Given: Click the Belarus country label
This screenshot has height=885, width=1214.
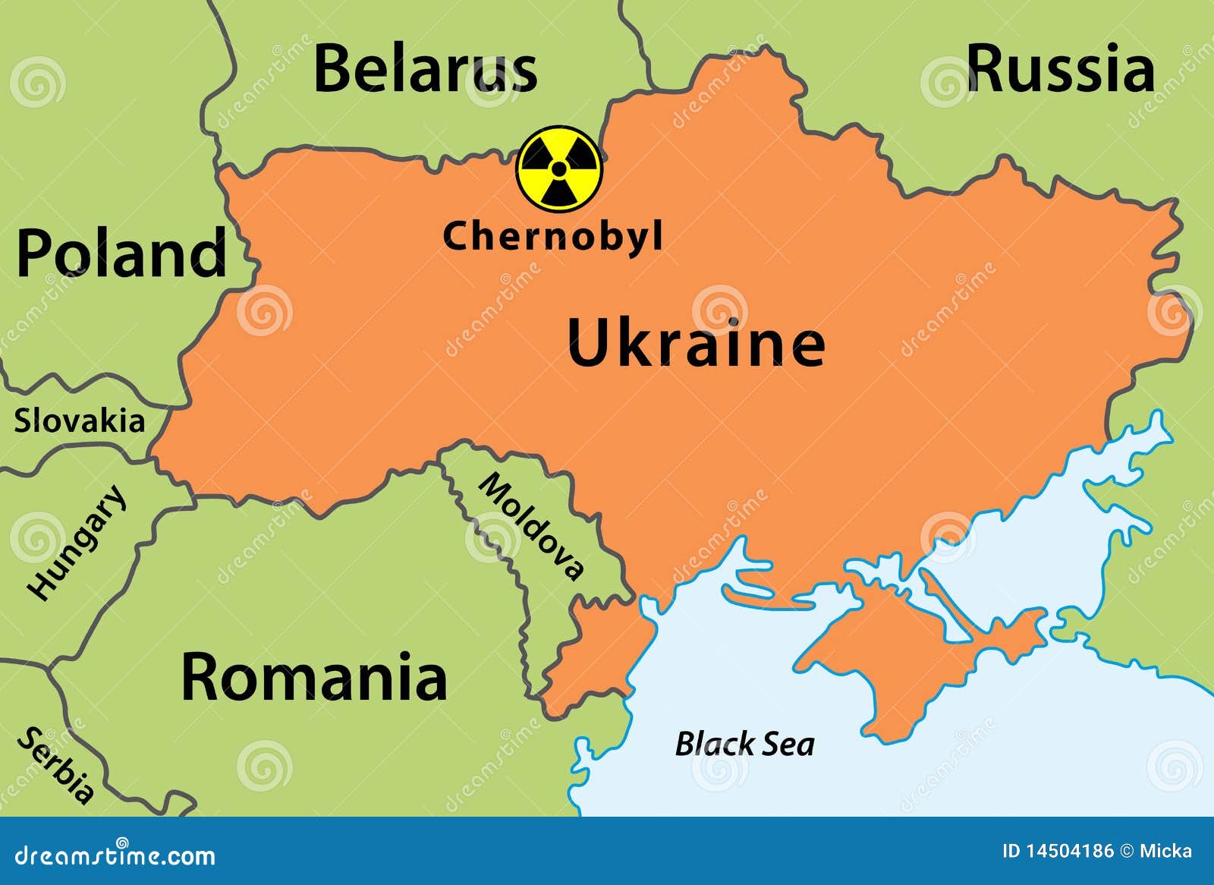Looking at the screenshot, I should [x=425, y=70].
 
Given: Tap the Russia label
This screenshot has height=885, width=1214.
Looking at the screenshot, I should [x=1060, y=68].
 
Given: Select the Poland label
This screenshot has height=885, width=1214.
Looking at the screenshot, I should [x=121, y=254].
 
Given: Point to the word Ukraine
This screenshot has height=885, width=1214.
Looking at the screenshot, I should [x=696, y=343].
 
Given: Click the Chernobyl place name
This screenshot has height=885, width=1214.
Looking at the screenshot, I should [x=552, y=236].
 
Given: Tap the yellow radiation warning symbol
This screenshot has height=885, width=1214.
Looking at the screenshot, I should [x=559, y=168].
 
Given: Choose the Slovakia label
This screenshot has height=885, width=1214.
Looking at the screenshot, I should [x=79, y=421].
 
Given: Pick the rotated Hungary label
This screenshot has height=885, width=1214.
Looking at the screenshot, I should [x=76, y=542].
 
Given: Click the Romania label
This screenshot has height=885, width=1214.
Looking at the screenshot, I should [x=313, y=677].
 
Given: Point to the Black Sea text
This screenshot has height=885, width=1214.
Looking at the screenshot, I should [x=745, y=744].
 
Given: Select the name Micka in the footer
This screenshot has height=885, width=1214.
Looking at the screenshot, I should [x=1165, y=851].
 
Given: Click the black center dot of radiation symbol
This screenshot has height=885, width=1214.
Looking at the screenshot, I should [x=559, y=168].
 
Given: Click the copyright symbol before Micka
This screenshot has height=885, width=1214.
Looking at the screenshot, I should [x=1127, y=851].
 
